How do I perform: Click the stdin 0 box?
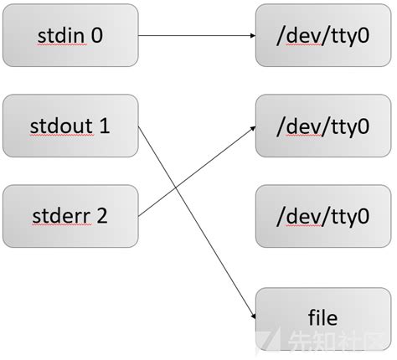tap(70, 36)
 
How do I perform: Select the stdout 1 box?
tap(70, 126)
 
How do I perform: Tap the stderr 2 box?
tap(70, 215)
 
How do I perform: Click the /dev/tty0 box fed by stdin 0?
tap(323, 36)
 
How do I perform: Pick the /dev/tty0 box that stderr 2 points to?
tap(323, 126)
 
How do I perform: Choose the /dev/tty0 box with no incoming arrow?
tap(323, 215)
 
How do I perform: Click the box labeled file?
tap(323, 318)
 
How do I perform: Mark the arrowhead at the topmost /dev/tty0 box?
tap(251, 36)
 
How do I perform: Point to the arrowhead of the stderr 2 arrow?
tap(251, 128)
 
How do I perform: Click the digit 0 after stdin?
tap(98, 36)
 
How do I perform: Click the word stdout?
tap(64, 126)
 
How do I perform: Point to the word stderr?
tap(63, 215)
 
